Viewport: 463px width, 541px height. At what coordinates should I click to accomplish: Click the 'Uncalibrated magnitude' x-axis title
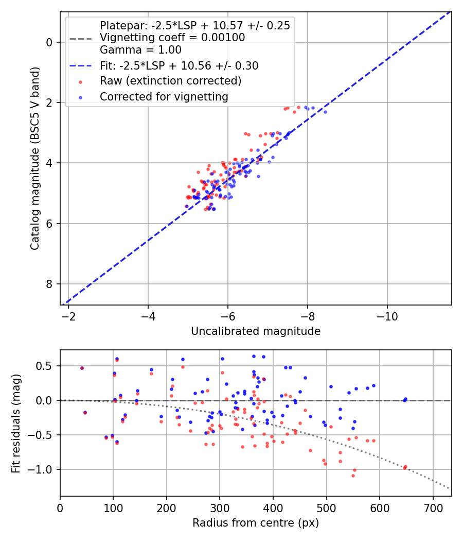[256, 331]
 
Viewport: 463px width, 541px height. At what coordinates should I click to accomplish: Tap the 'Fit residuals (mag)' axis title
[16, 423]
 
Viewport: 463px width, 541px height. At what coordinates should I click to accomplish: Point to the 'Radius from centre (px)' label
[256, 523]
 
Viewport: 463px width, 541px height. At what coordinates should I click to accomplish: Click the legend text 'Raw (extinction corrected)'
[170, 81]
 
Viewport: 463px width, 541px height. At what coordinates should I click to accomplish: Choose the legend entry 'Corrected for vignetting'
[164, 96]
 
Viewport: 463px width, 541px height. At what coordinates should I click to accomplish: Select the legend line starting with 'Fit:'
[179, 65]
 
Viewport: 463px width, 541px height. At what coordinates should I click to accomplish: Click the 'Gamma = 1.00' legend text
[140, 50]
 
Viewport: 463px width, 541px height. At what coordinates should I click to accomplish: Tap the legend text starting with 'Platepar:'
[194, 25]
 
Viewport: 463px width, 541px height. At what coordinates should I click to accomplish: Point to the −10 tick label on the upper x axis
[387, 316]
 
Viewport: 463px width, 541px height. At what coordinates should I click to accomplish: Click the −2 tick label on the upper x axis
[68, 316]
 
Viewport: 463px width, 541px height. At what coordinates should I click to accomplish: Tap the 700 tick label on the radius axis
[433, 508]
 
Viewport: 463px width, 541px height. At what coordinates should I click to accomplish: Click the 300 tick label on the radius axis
[220, 508]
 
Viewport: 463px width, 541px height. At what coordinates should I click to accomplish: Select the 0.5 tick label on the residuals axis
[47, 366]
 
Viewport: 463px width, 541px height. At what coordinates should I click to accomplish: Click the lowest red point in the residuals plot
[353, 476]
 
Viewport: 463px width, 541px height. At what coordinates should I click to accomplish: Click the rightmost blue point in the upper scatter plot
[325, 112]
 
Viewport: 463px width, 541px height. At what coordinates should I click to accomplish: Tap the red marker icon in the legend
[80, 81]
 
